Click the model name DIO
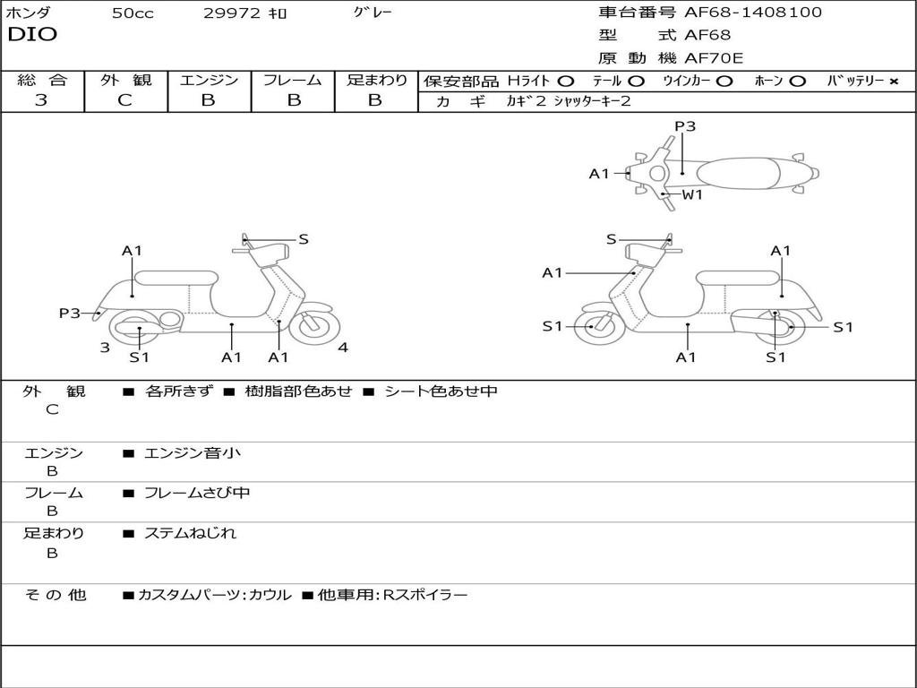pos(32,35)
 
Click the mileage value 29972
pos(230,13)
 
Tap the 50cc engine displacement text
pos(133,13)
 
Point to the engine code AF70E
pos(714,58)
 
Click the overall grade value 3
pos(41,100)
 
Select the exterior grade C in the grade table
pos(124,100)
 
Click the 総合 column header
pos(42,80)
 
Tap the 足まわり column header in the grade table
pos(376,80)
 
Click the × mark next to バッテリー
pos(893,81)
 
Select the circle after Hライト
pos(566,81)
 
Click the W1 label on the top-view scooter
pos(692,194)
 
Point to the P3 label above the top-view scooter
pos(685,126)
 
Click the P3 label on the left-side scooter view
pos(70,313)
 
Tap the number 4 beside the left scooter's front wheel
pos(343,348)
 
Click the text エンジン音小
pos(193,453)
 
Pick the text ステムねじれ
pos(191,533)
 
